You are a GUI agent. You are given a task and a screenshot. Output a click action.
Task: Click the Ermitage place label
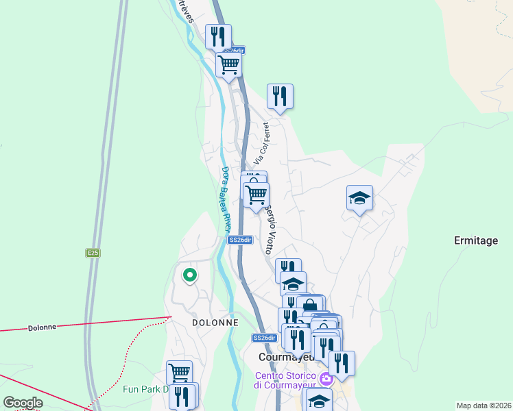point(476,240)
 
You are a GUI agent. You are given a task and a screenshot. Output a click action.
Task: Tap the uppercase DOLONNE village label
point(215,322)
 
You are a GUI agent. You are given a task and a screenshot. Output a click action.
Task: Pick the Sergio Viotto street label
point(271,228)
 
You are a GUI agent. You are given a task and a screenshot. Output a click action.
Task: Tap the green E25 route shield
point(93,253)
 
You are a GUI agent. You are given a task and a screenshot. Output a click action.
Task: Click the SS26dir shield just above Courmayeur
point(264,338)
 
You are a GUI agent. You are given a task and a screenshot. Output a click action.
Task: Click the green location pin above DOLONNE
point(189,275)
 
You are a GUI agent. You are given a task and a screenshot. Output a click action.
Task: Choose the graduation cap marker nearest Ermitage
point(359,199)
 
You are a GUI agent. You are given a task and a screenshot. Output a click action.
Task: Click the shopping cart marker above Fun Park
point(179,373)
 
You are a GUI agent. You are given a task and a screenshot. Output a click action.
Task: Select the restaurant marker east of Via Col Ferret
point(279,96)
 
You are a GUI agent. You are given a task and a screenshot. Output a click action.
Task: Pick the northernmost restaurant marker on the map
point(218,36)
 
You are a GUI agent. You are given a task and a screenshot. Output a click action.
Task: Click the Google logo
point(23,403)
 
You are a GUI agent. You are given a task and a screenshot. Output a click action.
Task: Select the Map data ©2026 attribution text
point(484,406)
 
